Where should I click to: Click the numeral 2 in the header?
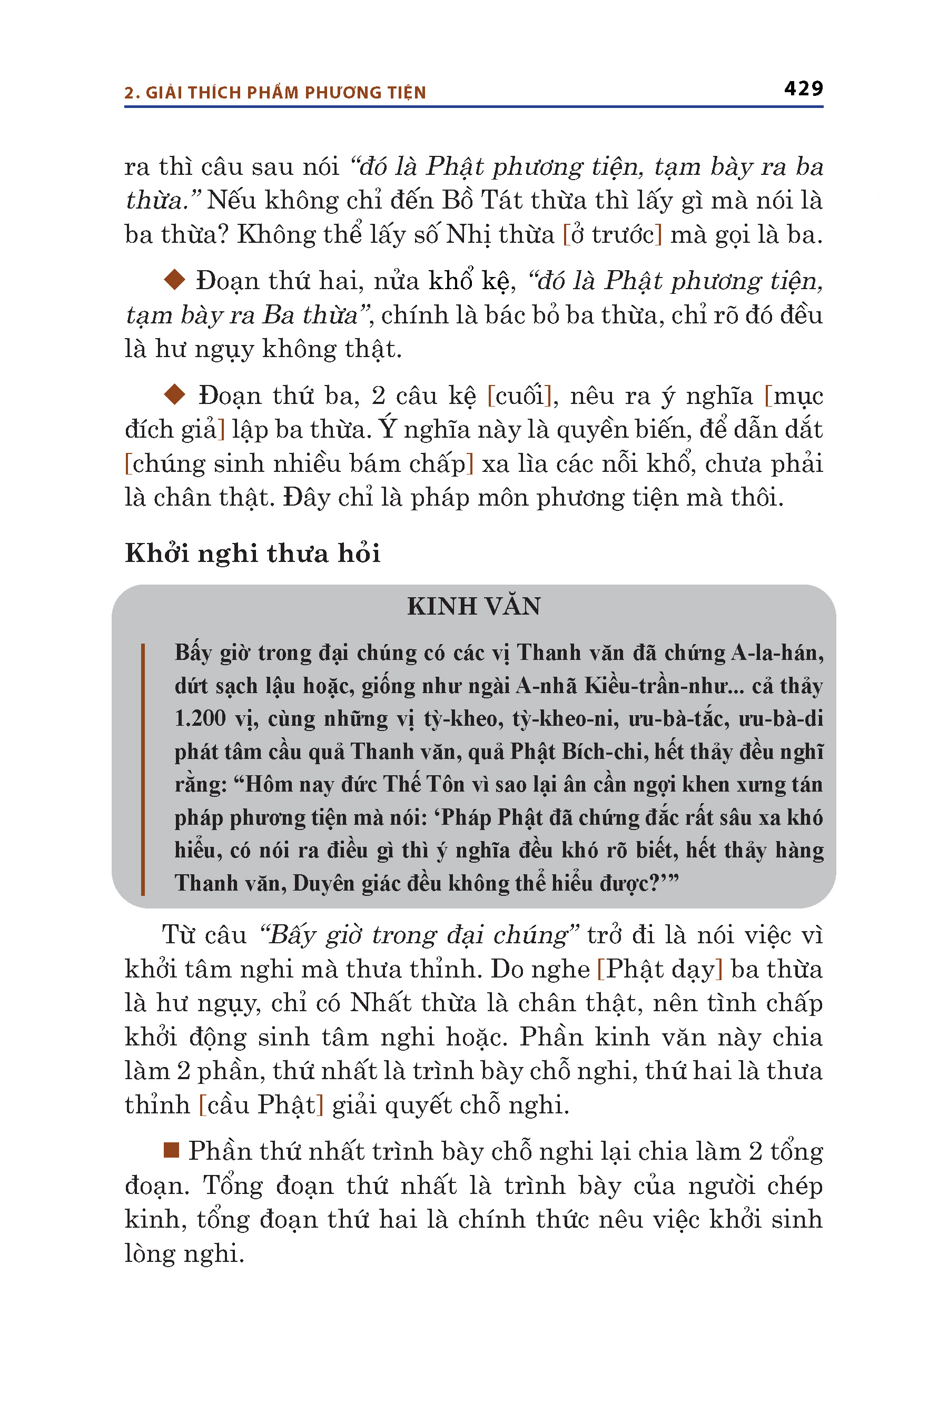[129, 93]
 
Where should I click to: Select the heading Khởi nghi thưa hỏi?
[252, 553]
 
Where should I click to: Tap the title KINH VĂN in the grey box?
[473, 606]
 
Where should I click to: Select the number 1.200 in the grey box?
[200, 719]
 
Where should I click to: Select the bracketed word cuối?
[519, 396]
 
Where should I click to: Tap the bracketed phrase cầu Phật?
[261, 1104]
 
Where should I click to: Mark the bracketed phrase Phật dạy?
[659, 969]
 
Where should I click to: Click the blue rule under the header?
[473, 107]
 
